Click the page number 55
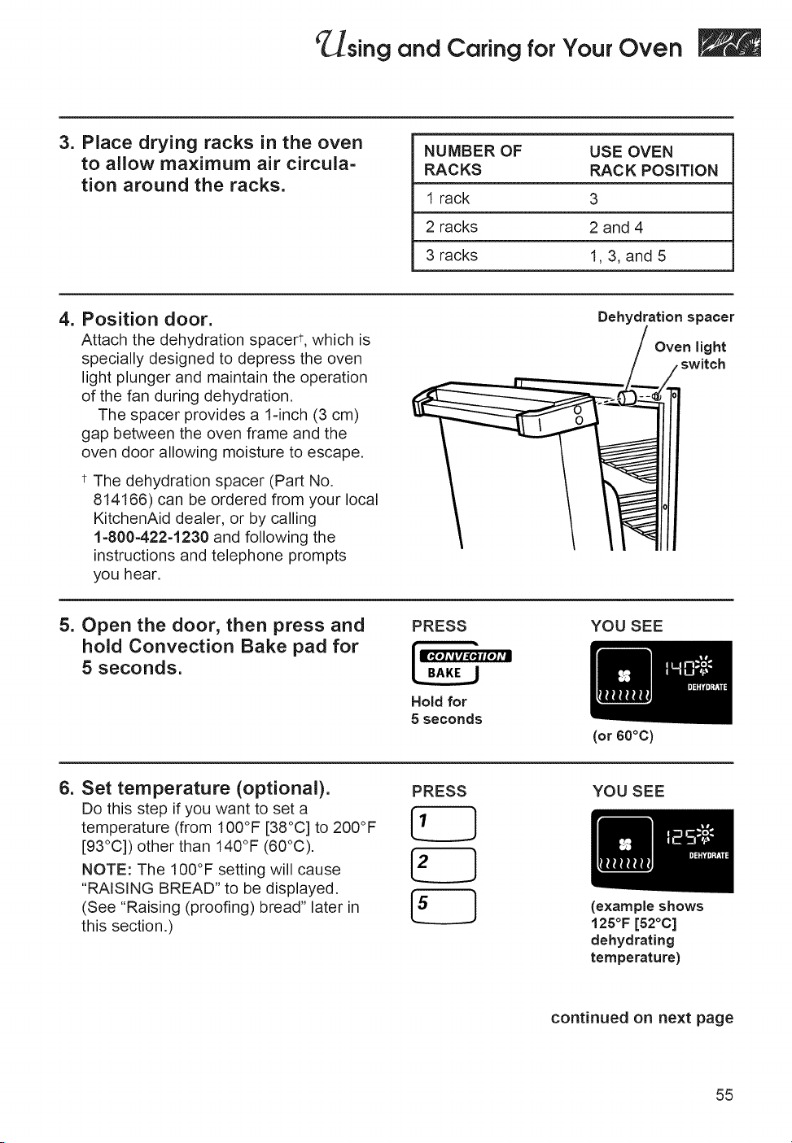click(x=724, y=1094)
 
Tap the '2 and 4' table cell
click(x=616, y=227)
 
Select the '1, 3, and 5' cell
click(x=628, y=255)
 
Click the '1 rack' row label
click(x=448, y=198)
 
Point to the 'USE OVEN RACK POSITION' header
click(x=654, y=161)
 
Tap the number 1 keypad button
click(x=444, y=822)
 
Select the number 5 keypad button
click(x=444, y=905)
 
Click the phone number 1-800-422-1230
click(x=151, y=537)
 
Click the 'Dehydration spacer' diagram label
click(x=666, y=317)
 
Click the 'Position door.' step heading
click(x=147, y=319)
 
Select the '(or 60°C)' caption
click(x=623, y=735)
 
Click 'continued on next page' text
click(x=642, y=1018)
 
